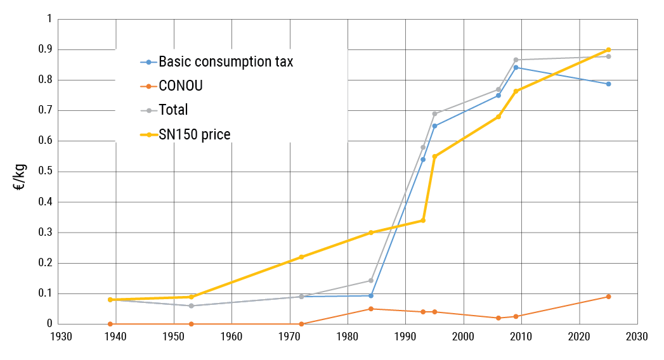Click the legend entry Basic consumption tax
pyautogui.click(x=225, y=62)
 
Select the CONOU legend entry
pyautogui.click(x=181, y=86)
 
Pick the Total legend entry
pyautogui.click(x=173, y=110)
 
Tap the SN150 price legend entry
pyautogui.click(x=194, y=134)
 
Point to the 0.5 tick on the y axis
pyautogui.click(x=42, y=172)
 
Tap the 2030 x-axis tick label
pyautogui.click(x=637, y=337)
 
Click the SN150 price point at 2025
pyautogui.click(x=608, y=49)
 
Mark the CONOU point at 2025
pyautogui.click(x=608, y=297)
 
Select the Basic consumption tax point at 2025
pyautogui.click(x=608, y=84)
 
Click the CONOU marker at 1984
pyautogui.click(x=371, y=309)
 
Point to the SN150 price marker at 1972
pyautogui.click(x=301, y=257)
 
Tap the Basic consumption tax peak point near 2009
pyautogui.click(x=516, y=67)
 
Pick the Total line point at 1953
pyautogui.click(x=191, y=305)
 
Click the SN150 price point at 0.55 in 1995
pyautogui.click(x=434, y=157)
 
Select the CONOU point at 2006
pyautogui.click(x=498, y=318)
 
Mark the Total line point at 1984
pyautogui.click(x=371, y=280)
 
